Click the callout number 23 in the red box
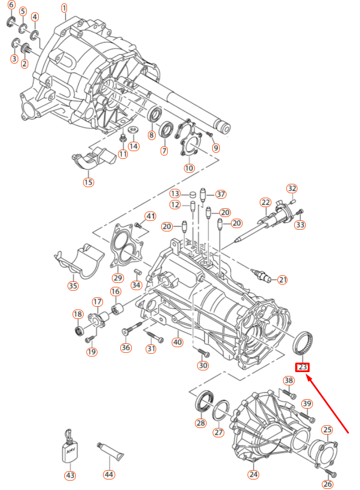(302, 367)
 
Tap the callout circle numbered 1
(64, 8)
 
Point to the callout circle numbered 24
(253, 474)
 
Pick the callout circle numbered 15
(89, 182)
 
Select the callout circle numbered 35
(73, 286)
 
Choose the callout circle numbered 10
(189, 168)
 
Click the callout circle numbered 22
(266, 203)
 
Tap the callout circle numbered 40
(177, 342)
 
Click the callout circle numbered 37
(221, 194)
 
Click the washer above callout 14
(133, 130)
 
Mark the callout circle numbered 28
(200, 423)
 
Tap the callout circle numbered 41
(151, 215)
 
